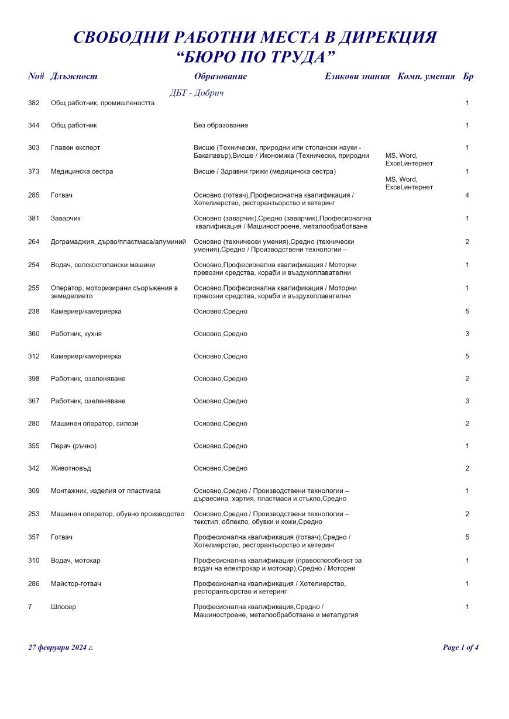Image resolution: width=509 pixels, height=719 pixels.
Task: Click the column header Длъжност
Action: coord(74,77)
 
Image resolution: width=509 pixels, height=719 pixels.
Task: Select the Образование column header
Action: coord(220,77)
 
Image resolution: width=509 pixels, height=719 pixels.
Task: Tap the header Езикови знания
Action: coord(357,77)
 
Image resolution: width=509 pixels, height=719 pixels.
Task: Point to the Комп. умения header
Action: coord(426,77)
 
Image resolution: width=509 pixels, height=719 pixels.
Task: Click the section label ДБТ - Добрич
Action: coord(197,93)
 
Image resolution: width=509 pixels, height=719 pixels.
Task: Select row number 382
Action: coord(34,103)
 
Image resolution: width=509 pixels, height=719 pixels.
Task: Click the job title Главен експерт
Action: coord(75,148)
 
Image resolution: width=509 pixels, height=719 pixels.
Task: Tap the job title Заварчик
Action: coord(66,218)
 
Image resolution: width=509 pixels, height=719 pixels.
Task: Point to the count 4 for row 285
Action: coord(467,195)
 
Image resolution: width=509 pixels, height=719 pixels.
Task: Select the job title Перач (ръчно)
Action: coord(74,446)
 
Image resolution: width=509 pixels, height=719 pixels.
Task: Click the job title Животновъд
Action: coord(71,468)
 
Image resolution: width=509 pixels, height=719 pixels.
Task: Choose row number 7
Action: coord(30,607)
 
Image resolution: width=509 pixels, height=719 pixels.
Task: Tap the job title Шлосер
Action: coord(63,607)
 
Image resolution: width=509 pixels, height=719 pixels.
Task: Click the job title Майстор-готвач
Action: coord(76,583)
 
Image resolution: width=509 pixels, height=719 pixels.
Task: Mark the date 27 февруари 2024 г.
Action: coord(60,648)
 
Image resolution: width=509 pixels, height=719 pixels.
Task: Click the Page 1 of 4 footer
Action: coord(461,648)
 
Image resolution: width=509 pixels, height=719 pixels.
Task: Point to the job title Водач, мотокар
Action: coord(75,561)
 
